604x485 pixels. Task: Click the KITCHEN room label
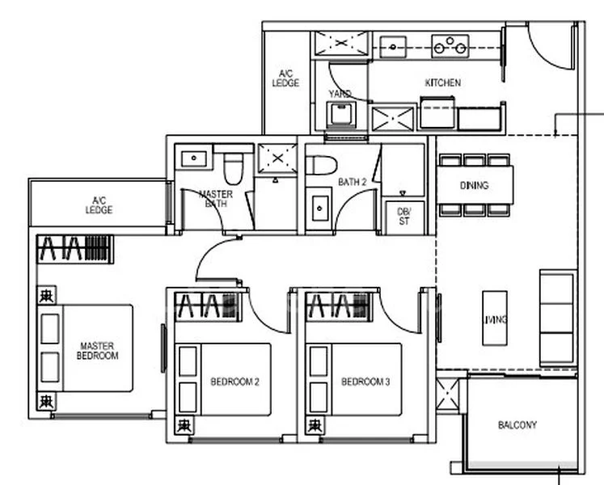coord(442,82)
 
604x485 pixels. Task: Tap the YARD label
coord(340,94)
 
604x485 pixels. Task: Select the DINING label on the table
coord(474,185)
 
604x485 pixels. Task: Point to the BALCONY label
coord(517,424)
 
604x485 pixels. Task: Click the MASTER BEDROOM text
coord(97,350)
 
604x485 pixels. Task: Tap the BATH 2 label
coord(353,183)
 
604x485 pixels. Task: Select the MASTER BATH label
coord(215,199)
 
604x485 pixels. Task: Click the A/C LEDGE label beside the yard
coord(285,78)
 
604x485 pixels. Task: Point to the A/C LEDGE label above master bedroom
coord(99,205)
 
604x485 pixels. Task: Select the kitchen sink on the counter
coord(394,45)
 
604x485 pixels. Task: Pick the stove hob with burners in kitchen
coord(450,45)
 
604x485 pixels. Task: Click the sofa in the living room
coord(557,310)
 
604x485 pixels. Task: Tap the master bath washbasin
coord(194,158)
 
